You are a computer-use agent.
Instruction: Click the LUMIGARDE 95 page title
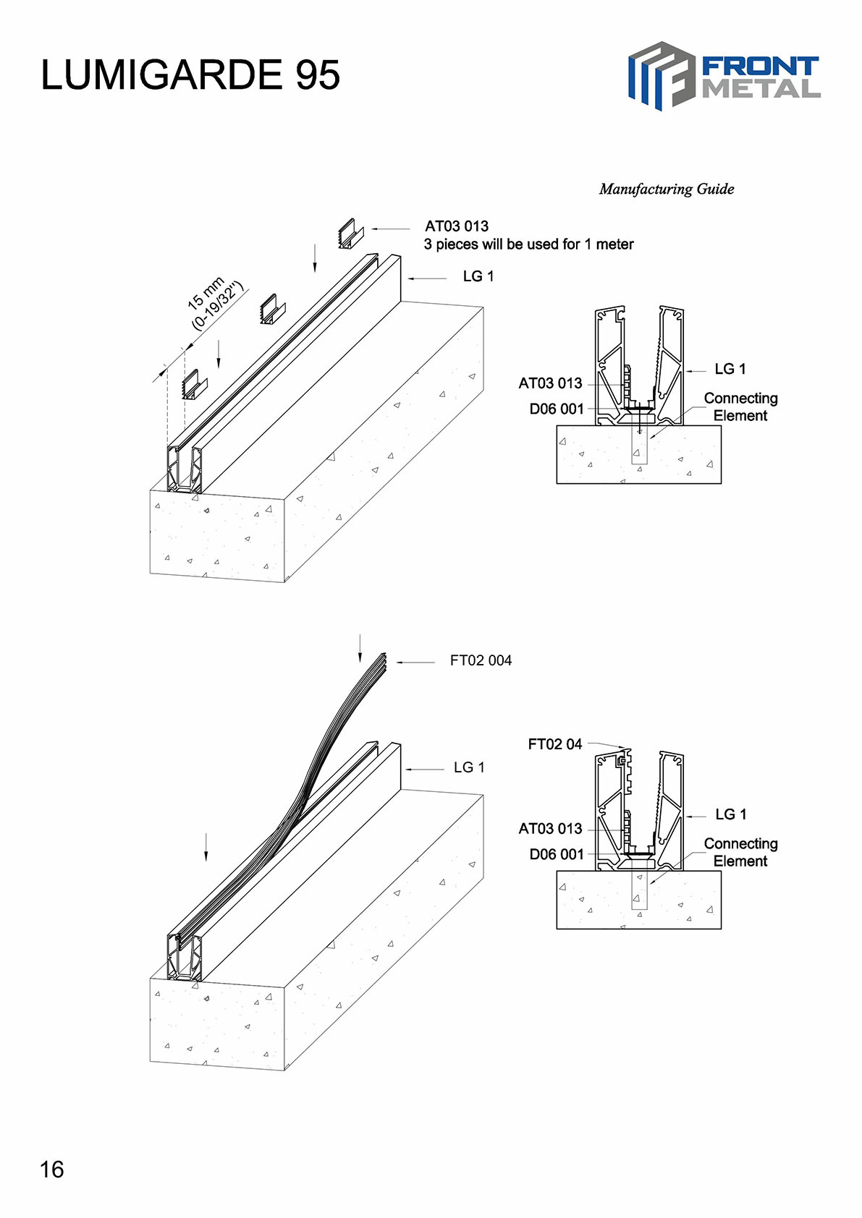(190, 75)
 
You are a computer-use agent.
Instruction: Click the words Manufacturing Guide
(666, 189)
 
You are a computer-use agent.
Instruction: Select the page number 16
(52, 1170)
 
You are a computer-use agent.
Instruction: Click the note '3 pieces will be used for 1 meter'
(528, 244)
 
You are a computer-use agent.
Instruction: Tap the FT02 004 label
(481, 660)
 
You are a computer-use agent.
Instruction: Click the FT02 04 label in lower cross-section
(554, 744)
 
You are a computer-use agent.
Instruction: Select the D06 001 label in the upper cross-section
(556, 409)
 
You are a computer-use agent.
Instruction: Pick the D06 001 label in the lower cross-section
(556, 855)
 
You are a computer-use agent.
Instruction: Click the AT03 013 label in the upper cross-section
(550, 383)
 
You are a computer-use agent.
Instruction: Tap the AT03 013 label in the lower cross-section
(550, 829)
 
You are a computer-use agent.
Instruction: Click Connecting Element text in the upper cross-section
(740, 406)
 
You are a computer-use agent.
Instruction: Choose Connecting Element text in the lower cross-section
(740, 852)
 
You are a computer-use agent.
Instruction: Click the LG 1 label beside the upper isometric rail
(478, 276)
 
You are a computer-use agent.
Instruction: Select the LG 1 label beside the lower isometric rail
(469, 767)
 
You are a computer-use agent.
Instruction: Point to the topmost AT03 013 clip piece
(350, 234)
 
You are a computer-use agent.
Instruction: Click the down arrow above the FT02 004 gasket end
(360, 648)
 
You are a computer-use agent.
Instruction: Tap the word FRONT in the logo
(760, 67)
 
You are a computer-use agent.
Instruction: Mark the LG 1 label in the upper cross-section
(730, 369)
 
